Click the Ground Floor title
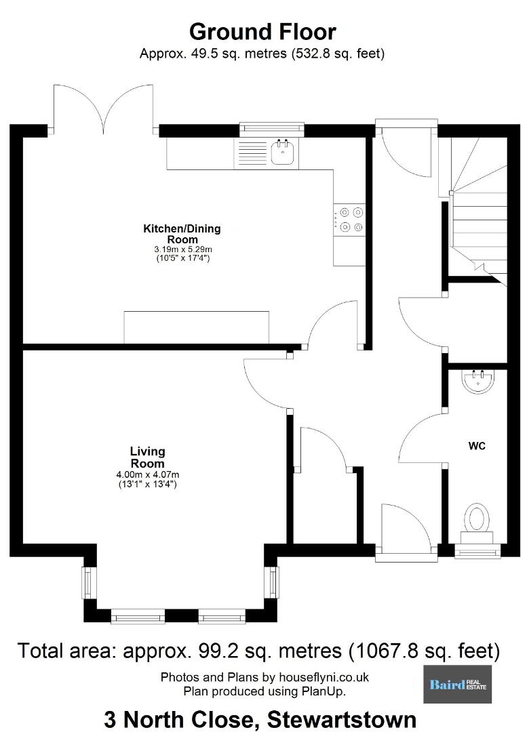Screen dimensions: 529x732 (262, 32)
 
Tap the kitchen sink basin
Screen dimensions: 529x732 (283, 152)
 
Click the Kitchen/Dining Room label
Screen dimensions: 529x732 (182, 234)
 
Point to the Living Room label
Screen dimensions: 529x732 (148, 457)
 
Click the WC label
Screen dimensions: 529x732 (477, 446)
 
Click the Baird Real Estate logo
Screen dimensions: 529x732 (458, 684)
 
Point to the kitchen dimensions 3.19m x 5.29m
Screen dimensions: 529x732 (181, 249)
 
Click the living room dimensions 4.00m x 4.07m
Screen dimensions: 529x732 (148, 474)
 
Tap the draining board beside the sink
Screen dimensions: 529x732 (252, 152)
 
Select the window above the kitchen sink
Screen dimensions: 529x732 (272, 129)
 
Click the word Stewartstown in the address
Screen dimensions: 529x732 (342, 720)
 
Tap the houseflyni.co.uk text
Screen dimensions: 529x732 (324, 677)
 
